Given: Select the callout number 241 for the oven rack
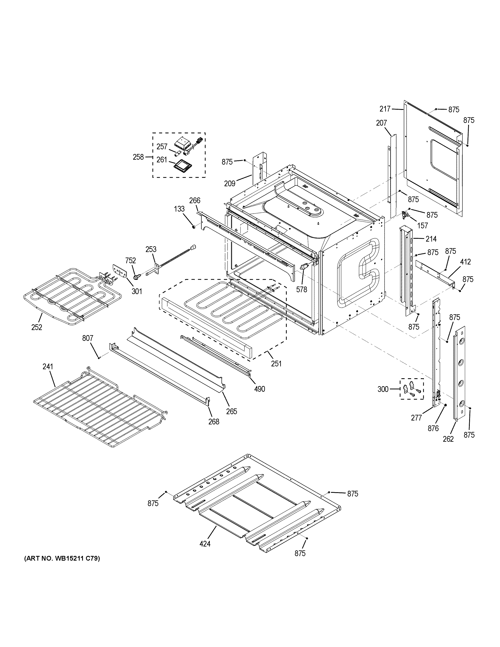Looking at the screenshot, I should (48, 367).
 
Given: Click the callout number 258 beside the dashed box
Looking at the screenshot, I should (138, 157).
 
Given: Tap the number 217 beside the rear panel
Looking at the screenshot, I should (385, 109).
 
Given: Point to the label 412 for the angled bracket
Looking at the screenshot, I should (465, 262).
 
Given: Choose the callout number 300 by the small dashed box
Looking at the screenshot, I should (383, 389).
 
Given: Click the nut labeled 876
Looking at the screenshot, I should (445, 405).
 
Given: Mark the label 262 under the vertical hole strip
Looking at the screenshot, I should (448, 439).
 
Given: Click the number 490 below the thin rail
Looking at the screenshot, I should (259, 389).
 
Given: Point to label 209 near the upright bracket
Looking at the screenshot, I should (230, 184).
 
